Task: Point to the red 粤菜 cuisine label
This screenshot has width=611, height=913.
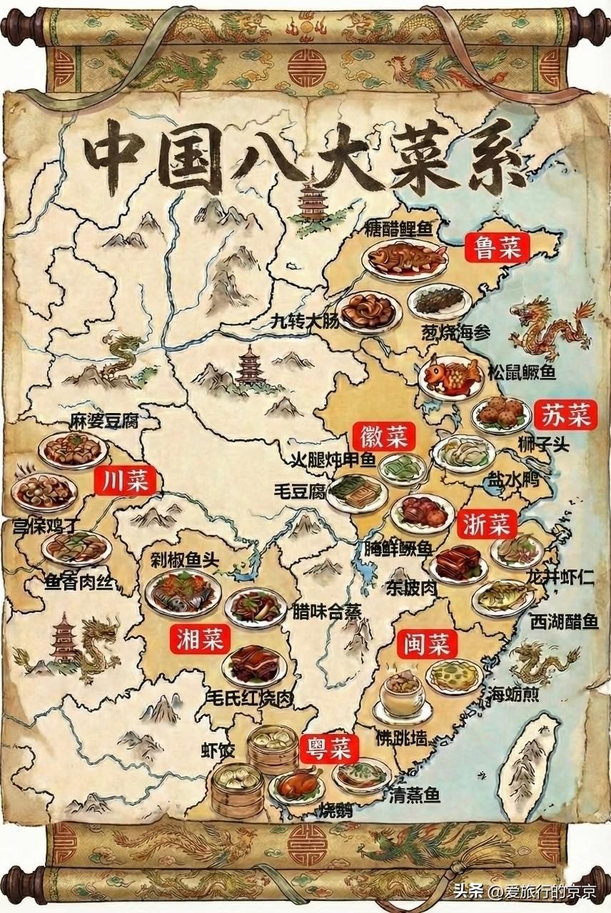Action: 328,748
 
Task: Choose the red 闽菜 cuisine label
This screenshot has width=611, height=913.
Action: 426,645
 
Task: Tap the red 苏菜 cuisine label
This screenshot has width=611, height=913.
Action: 565,414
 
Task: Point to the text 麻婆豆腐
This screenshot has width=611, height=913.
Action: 103,421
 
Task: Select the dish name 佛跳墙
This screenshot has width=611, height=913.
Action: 402,735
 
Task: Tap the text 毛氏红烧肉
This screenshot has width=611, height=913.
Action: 248,698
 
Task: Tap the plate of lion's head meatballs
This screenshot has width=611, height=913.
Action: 500,414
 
